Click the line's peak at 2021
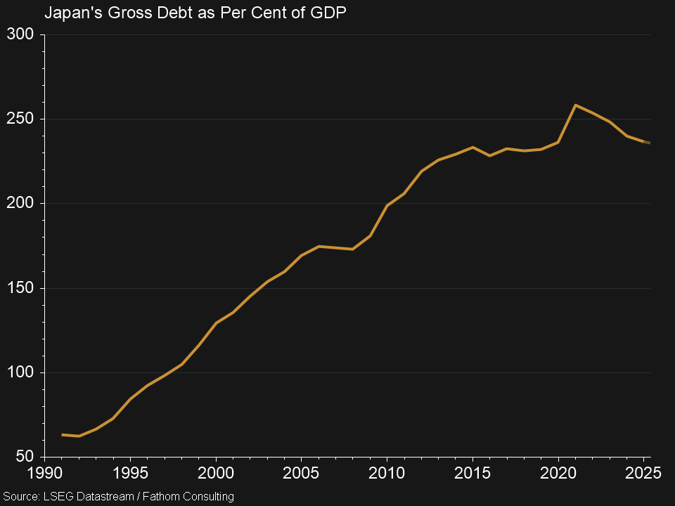(x=575, y=105)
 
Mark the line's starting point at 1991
(x=63, y=435)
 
